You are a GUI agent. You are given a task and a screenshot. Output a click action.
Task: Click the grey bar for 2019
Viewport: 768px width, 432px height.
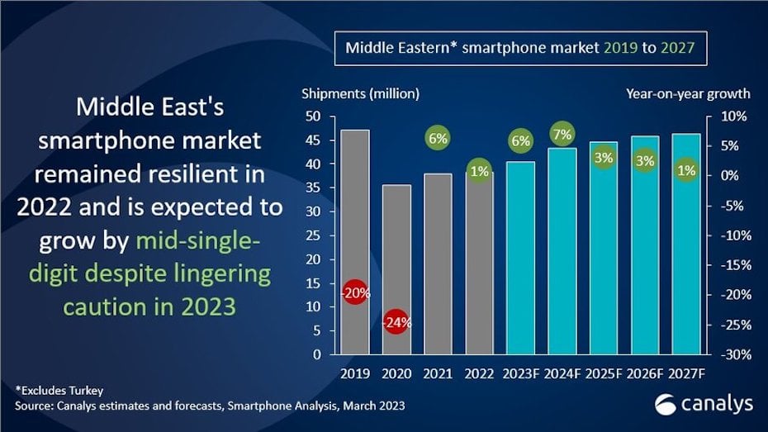[x=356, y=215]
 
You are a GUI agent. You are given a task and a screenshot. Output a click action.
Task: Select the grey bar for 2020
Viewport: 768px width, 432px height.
[x=396, y=248]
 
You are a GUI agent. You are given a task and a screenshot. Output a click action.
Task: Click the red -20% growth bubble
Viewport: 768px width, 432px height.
[x=356, y=292]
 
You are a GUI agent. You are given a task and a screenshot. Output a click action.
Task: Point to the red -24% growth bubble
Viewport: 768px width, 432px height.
[x=397, y=322]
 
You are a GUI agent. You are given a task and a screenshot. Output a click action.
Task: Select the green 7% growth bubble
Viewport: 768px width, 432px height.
[x=562, y=134]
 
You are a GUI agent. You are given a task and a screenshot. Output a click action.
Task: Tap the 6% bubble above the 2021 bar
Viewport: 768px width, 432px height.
[x=438, y=139]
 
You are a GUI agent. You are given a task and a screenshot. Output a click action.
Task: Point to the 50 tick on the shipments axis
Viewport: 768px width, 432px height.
[x=314, y=116]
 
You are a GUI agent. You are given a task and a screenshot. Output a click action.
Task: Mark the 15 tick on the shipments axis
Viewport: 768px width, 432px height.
[x=314, y=283]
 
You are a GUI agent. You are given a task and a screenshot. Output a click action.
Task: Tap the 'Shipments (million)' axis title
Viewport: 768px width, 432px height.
[x=360, y=93]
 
